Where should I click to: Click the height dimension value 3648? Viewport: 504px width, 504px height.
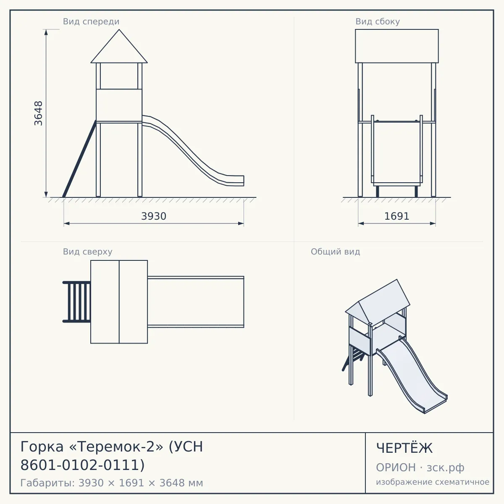[39, 113]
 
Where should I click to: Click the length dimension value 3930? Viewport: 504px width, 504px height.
[154, 216]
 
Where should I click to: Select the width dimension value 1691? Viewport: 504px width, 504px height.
[397, 216]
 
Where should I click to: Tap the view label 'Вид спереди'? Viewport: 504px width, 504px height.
[91, 21]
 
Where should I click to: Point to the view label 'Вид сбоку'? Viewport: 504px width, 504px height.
[378, 21]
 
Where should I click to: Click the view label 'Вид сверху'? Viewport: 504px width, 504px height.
[88, 252]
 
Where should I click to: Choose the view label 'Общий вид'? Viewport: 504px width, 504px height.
[335, 252]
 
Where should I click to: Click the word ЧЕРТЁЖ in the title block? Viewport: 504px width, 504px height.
[404, 448]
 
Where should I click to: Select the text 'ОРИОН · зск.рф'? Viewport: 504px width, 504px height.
[420, 467]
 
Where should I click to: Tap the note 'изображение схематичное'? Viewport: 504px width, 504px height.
[433, 482]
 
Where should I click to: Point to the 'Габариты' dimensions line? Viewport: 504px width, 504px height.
[112, 483]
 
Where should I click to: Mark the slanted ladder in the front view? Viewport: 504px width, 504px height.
[79, 159]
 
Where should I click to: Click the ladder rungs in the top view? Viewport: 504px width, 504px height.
[77, 302]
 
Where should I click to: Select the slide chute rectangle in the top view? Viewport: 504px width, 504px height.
[196, 302]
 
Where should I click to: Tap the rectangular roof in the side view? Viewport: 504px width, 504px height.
[397, 46]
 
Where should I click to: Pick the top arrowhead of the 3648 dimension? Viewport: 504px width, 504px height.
[46, 32]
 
